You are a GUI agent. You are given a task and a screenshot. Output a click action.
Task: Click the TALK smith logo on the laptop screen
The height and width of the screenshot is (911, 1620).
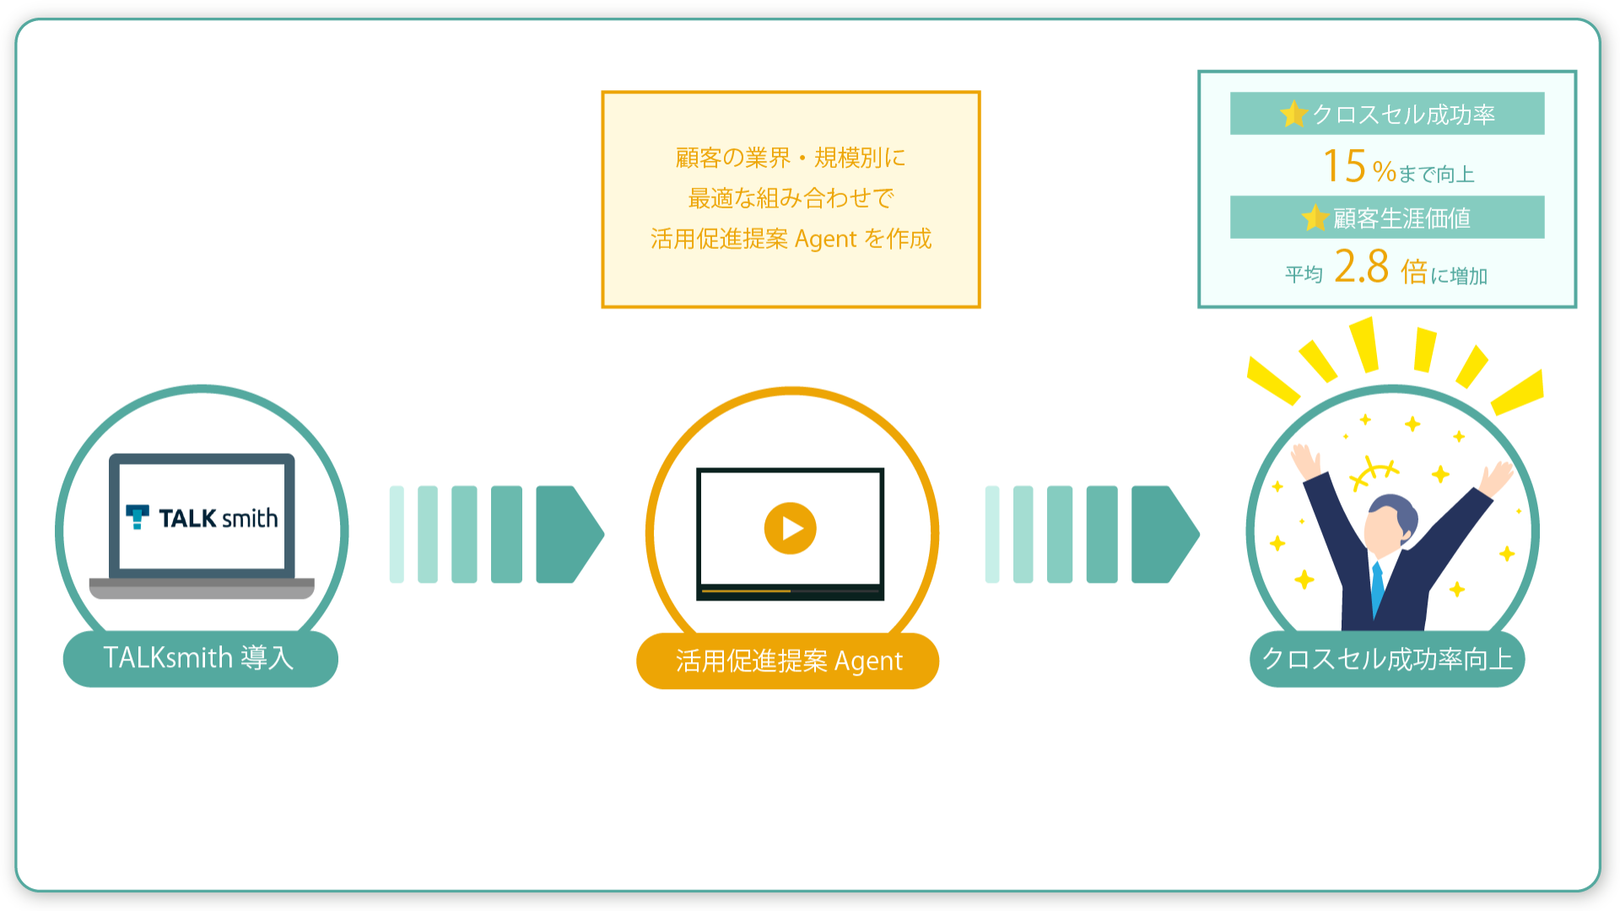tap(202, 517)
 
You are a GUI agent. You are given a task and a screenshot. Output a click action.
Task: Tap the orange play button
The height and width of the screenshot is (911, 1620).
tap(790, 528)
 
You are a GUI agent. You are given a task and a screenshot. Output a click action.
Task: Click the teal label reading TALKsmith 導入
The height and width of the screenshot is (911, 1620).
tap(201, 658)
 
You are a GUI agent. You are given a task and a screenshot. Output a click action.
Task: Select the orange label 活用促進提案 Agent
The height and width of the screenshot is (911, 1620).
tap(788, 660)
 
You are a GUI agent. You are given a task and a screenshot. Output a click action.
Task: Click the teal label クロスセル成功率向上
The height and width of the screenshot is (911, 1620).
tap(1387, 659)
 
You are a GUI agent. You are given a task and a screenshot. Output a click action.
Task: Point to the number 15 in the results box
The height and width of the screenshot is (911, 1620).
tap(1344, 165)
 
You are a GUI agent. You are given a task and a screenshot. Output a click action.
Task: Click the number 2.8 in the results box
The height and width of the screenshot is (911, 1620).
tap(1361, 267)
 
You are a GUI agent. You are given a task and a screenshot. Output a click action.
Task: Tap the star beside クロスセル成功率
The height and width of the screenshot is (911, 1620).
tap(1293, 114)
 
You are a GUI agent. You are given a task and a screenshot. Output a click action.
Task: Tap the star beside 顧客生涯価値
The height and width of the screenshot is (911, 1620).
tap(1315, 218)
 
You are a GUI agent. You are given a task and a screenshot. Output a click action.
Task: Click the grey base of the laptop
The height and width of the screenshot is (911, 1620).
tap(202, 588)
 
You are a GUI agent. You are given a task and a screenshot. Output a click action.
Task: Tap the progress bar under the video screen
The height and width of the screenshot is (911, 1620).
tap(791, 591)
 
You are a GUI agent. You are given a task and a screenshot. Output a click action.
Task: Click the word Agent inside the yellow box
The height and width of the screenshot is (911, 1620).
tap(825, 240)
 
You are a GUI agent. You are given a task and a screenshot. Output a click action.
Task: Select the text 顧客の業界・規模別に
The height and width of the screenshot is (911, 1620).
tap(791, 158)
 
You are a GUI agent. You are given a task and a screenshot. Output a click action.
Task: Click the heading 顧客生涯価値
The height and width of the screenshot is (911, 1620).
tap(1401, 218)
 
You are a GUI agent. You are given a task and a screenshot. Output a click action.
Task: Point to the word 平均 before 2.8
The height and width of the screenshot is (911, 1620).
tap(1304, 274)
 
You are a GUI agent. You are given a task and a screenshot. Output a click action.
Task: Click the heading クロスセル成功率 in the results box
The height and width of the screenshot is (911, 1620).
tap(1403, 115)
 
